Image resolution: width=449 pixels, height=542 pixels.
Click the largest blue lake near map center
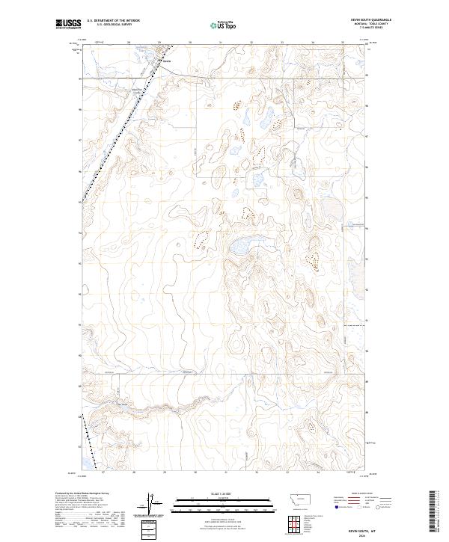click(x=241, y=245)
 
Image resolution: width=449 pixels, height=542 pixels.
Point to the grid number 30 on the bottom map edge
click(x=195, y=472)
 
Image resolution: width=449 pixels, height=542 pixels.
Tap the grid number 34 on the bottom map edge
click(x=317, y=472)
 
